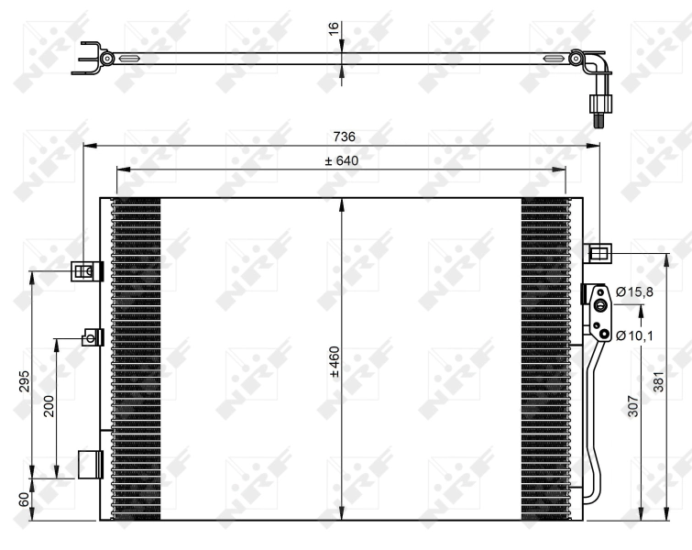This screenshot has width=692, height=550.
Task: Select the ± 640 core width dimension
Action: pos(341,161)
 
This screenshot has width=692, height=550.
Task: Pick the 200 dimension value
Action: pos(49,406)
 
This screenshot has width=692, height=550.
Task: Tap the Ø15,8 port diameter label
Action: pos(634,291)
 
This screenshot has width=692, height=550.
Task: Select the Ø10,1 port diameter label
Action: pos(634,335)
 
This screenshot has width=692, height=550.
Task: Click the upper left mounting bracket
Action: pos(85,271)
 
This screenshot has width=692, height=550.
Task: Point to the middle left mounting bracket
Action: pos(92,338)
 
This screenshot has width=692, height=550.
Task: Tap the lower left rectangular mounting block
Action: pos(88,465)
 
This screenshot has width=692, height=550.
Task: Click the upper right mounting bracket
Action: pos(597,253)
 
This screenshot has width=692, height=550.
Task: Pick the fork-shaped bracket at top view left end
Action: pos(90,58)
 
